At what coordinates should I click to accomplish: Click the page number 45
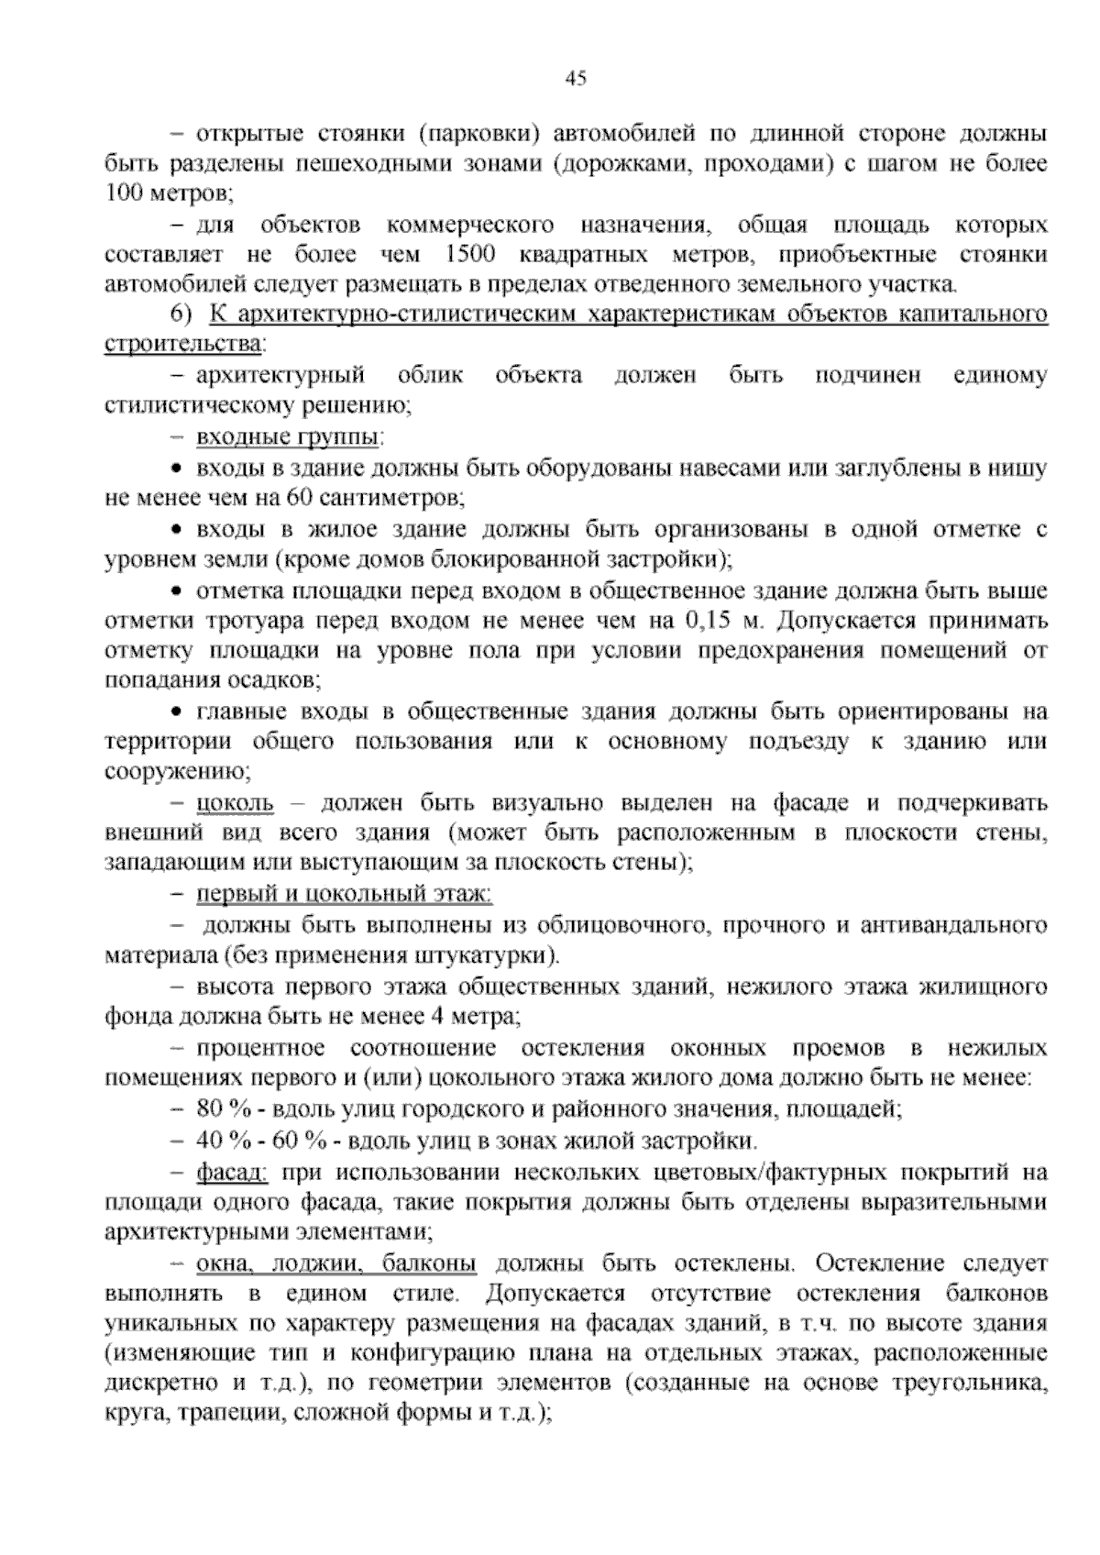(576, 79)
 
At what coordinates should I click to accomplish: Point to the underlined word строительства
(183, 345)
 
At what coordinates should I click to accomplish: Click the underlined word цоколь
(236, 804)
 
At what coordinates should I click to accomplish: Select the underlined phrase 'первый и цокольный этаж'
(345, 894)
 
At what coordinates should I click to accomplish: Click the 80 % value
(224, 1108)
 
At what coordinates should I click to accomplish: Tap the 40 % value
(224, 1141)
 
